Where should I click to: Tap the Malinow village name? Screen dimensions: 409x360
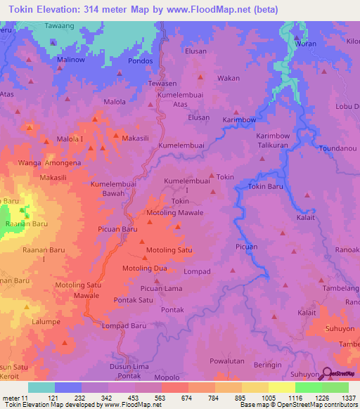tap(71, 60)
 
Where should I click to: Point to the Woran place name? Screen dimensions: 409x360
tap(307, 44)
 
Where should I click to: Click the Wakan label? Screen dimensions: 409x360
tap(229, 78)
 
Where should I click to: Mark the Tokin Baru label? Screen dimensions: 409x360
tap(266, 186)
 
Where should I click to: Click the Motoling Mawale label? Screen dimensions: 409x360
tap(174, 212)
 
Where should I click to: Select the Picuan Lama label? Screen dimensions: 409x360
tap(161, 288)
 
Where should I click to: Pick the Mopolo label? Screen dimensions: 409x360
tap(167, 377)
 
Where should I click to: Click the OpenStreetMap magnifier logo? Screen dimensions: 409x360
tap(325, 375)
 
